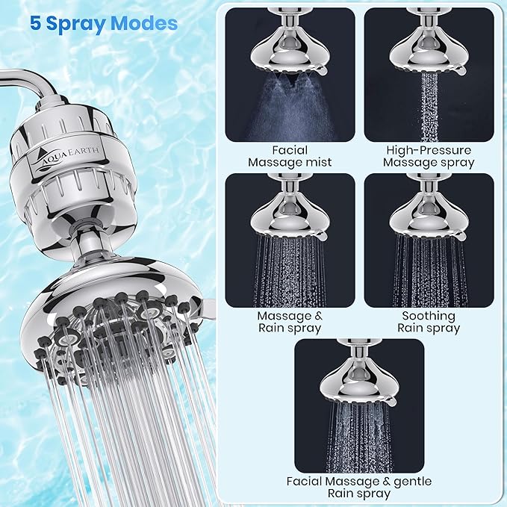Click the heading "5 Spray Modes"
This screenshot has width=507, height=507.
(104, 23)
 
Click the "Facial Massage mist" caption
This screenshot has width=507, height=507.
(290, 156)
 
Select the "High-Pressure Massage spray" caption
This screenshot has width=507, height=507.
(429, 156)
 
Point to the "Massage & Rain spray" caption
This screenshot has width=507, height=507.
(290, 322)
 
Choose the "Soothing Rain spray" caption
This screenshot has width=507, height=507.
(429, 322)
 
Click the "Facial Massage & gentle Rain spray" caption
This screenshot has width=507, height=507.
(360, 488)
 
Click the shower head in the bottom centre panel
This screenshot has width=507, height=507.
(359, 381)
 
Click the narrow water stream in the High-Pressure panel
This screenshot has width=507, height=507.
(429, 108)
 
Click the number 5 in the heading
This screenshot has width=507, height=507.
(36, 23)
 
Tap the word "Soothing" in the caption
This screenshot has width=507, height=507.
(429, 315)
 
